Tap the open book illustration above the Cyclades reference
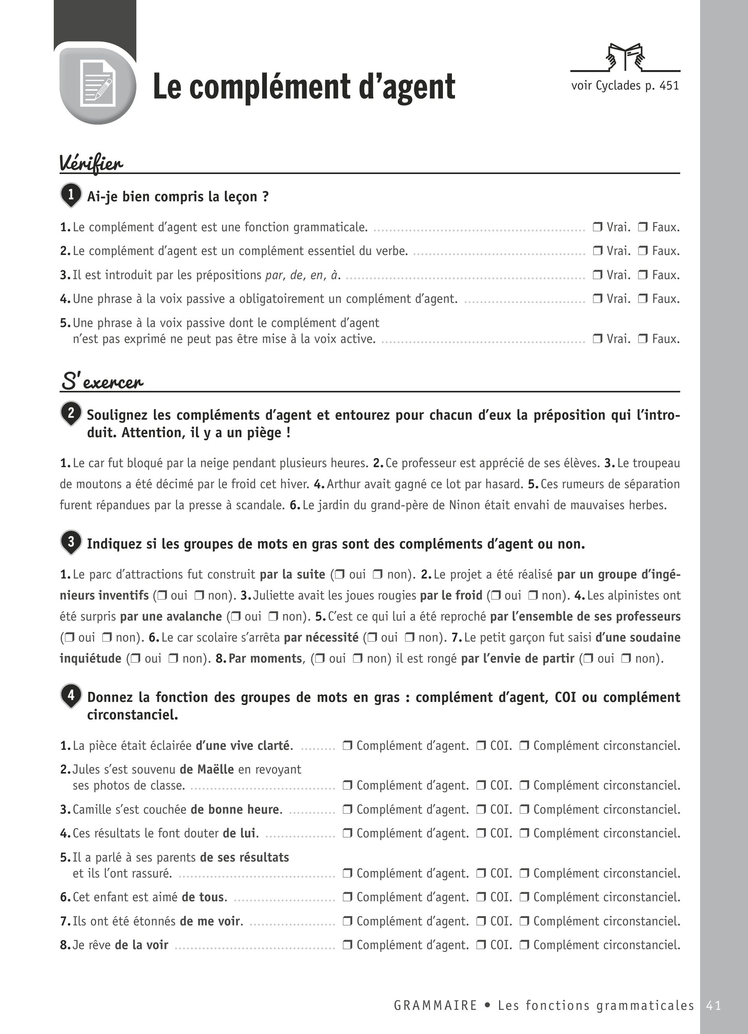[x=625, y=57]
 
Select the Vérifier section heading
[x=91, y=163]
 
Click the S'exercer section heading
[x=102, y=381]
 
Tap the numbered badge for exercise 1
[x=71, y=195]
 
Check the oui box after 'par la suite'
[x=339, y=575]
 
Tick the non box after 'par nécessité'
[x=409, y=637]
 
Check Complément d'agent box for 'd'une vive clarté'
[x=347, y=746]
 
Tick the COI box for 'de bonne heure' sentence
[x=481, y=810]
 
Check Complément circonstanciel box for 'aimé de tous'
[x=524, y=897]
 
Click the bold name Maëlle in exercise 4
[x=215, y=770]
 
